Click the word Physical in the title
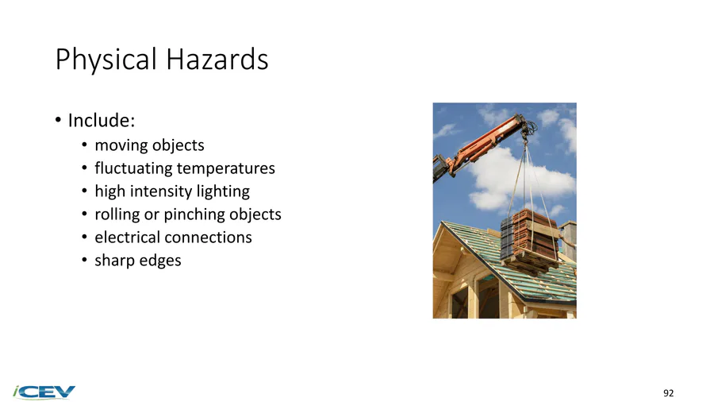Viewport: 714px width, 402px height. (x=106, y=60)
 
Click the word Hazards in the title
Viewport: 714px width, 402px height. (x=217, y=60)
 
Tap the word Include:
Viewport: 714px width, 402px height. (x=102, y=120)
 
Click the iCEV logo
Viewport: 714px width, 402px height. (x=44, y=392)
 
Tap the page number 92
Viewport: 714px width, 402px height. (x=669, y=393)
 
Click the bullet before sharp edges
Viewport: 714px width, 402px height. (x=84, y=261)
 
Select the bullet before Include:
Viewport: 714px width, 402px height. (x=58, y=120)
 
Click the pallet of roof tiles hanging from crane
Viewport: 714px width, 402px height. (x=530, y=241)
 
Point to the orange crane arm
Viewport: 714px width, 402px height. (x=482, y=145)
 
